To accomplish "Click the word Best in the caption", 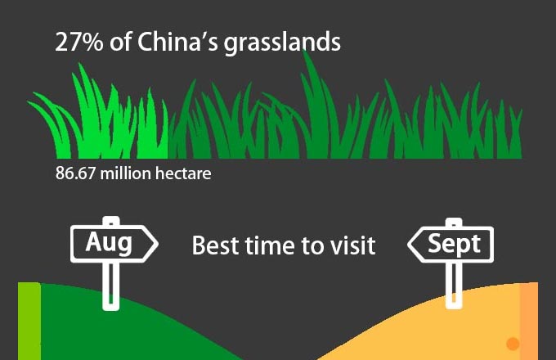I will pyautogui.click(x=215, y=245).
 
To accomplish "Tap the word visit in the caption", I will pyautogui.click(x=352, y=245).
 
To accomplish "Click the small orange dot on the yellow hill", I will pyautogui.click(x=513, y=344).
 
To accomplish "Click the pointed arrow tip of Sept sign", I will pyautogui.click(x=411, y=243).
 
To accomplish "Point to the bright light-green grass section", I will pyautogui.click(x=106, y=123).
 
